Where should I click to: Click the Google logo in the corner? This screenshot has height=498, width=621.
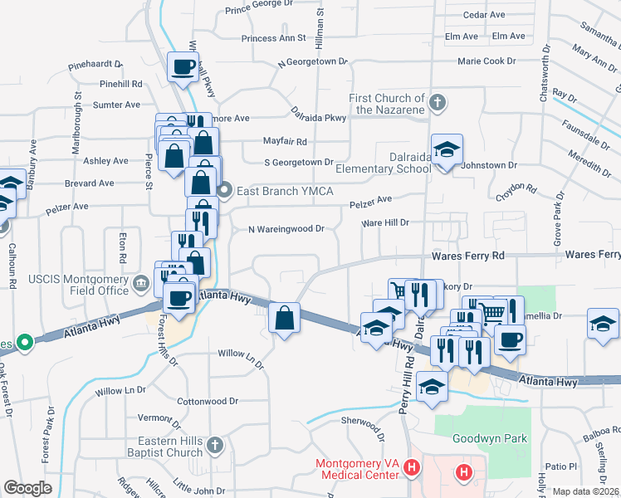[28, 488]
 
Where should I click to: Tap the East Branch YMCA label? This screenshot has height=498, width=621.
[285, 191]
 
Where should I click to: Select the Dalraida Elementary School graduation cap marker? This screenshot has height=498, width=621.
[447, 151]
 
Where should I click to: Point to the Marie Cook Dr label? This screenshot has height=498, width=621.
[487, 61]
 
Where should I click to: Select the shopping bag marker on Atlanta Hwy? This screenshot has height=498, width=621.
[284, 317]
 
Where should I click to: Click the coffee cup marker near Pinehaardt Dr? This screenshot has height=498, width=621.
[183, 66]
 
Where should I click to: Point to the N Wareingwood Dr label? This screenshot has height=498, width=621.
[286, 229]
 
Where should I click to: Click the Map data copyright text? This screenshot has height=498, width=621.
[586, 491]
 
